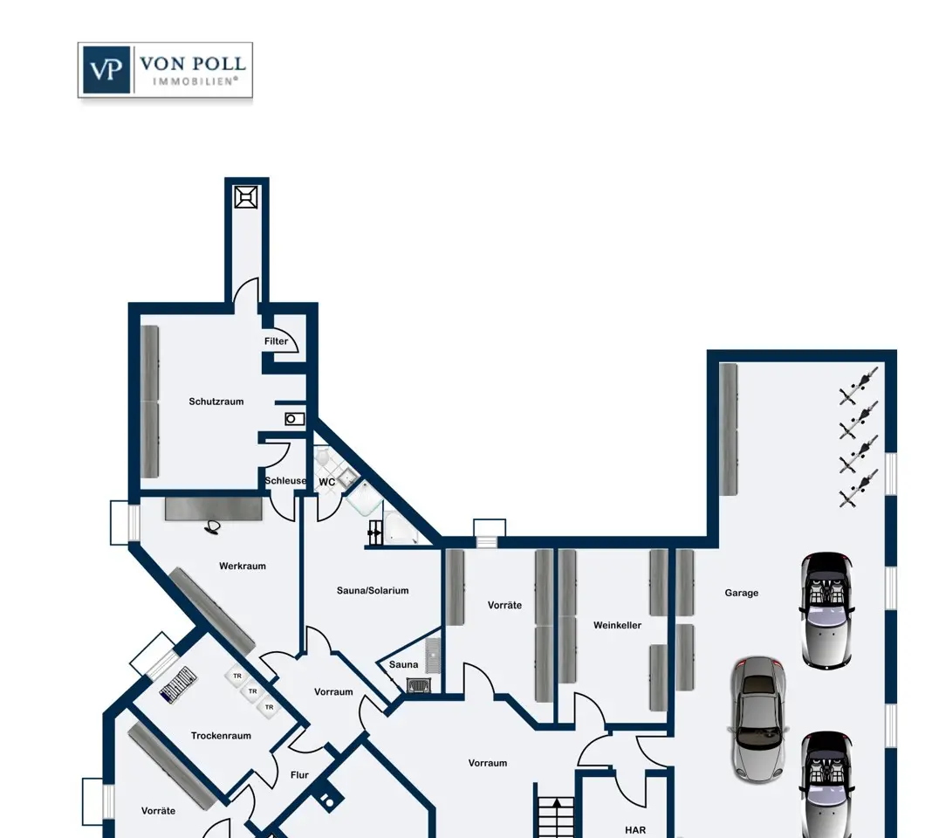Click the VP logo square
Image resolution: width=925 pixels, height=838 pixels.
click(x=106, y=70)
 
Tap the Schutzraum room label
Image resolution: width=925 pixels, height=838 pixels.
click(x=216, y=402)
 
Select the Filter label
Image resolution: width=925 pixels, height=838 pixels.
click(x=276, y=341)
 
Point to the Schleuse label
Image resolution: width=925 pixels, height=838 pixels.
click(x=285, y=480)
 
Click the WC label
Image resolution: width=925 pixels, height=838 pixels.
click(x=327, y=482)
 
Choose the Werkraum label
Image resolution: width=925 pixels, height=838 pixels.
click(x=243, y=566)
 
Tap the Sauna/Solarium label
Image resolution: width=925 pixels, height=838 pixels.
click(x=373, y=590)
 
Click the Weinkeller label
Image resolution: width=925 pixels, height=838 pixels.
click(x=617, y=625)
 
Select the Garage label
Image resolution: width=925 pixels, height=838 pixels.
click(x=742, y=593)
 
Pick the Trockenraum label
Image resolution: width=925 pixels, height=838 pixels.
click(x=222, y=735)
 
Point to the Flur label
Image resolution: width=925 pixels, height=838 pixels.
click(x=299, y=775)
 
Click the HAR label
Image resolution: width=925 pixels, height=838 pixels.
click(x=635, y=830)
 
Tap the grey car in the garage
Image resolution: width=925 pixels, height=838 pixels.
click(x=759, y=718)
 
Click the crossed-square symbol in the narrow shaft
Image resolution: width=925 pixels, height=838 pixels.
click(x=246, y=197)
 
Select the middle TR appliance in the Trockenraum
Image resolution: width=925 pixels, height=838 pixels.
click(x=253, y=691)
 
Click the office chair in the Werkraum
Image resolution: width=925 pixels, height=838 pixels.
click(x=212, y=527)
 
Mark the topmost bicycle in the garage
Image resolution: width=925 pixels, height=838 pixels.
click(x=859, y=386)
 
